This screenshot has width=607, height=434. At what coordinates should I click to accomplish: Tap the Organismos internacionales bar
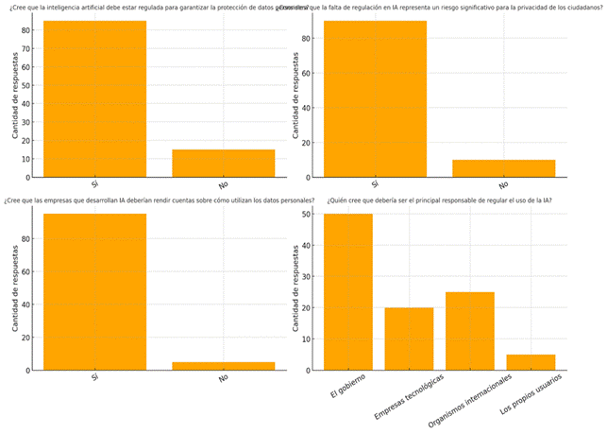pos(470,331)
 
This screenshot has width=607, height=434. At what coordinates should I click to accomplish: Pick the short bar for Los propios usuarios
pos(531,362)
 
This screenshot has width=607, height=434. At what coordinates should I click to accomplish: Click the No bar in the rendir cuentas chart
pos(224,366)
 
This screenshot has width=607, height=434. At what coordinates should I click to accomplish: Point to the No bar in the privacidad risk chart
pos(503,168)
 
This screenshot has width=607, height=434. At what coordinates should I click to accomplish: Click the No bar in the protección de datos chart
pos(224,164)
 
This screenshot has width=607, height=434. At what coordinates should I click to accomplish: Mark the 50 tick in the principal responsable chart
pos(308,215)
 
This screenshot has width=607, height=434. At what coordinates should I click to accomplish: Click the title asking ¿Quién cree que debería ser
pos(439,200)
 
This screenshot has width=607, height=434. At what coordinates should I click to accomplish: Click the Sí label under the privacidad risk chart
pos(375,185)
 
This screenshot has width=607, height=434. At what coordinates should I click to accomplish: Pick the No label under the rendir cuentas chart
pos(224,378)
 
